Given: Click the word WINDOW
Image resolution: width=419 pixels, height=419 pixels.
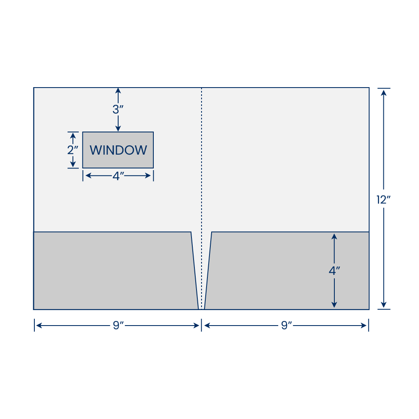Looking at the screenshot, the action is pos(118,150).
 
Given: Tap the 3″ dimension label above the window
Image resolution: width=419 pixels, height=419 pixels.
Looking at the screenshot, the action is pos(118,109).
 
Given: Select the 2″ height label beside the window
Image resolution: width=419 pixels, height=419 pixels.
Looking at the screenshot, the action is pos(72,150).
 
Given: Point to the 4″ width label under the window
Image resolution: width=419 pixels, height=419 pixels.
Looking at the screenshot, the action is pos(118,176).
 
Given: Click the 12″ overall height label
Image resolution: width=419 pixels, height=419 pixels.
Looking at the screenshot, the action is pos(383,199).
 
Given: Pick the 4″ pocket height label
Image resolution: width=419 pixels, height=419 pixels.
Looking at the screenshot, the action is pos(334,270).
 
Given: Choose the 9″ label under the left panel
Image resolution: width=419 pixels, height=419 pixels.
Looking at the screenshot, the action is pos(118,325).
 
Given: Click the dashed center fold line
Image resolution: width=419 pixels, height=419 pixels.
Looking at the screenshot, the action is pos(202,198).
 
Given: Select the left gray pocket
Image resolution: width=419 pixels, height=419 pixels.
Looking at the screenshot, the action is pos(115,271).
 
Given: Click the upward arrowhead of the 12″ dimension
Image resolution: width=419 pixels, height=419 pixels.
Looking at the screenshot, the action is pos(384,93).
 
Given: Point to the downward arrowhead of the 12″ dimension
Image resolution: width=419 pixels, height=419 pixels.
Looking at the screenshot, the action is pos(384,304).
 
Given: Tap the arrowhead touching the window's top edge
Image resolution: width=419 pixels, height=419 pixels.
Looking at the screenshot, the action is pos(118,128).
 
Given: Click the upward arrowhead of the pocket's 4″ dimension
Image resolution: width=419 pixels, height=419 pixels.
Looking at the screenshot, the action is pos(334,236).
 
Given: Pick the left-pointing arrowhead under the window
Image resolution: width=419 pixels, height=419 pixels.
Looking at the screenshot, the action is pos(88,176).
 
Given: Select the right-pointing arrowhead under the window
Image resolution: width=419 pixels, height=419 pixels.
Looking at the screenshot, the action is pos(148,176).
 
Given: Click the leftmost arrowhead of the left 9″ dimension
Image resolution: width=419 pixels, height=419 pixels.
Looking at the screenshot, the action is pos(39,326).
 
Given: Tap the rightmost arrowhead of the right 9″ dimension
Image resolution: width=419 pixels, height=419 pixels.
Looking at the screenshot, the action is pos(363,326).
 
